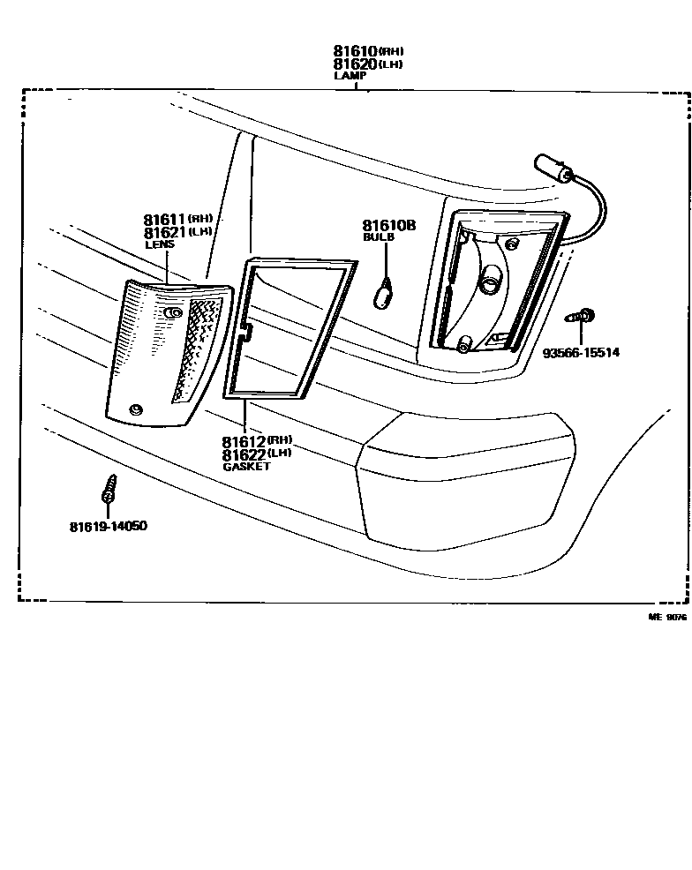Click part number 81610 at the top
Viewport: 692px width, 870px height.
click(355, 51)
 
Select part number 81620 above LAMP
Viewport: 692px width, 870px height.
click(355, 64)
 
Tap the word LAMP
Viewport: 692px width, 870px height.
click(350, 76)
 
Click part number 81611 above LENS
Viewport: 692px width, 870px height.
click(164, 220)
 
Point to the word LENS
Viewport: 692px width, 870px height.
click(160, 244)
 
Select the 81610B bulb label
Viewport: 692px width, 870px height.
click(389, 225)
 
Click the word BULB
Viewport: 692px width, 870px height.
click(379, 237)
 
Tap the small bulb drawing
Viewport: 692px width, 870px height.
click(383, 295)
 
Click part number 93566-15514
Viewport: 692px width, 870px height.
click(581, 352)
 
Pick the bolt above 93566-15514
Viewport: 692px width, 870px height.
click(579, 317)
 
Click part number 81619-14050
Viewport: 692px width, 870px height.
click(109, 526)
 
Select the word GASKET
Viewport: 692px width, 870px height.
click(246, 467)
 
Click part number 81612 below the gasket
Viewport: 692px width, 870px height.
click(244, 442)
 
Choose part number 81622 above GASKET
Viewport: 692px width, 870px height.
click(244, 455)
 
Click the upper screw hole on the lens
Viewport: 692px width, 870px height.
click(173, 313)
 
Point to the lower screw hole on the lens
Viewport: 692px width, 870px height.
click(135, 410)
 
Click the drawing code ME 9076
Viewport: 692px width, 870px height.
click(667, 617)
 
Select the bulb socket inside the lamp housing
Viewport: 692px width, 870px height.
click(488, 279)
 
